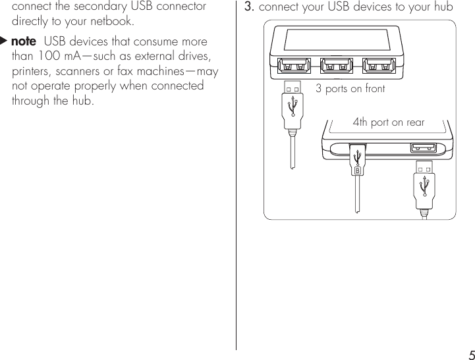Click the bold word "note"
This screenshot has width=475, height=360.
[x=24, y=42]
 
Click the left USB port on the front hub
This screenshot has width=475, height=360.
[x=293, y=66]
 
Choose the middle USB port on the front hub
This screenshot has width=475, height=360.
[x=336, y=66]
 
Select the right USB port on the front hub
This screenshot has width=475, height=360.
[x=378, y=66]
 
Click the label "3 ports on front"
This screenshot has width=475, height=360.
[x=350, y=88]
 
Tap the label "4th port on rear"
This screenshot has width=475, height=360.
[x=389, y=122]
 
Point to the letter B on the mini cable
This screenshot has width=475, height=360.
[x=357, y=170]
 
